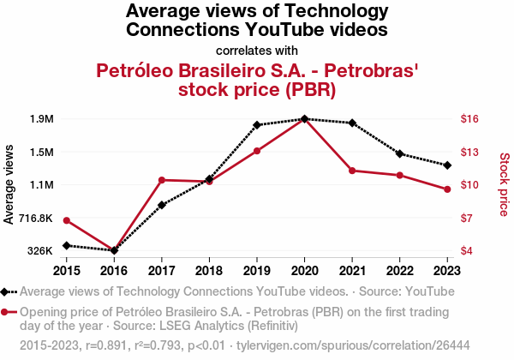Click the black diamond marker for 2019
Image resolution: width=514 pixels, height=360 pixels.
(x=257, y=125)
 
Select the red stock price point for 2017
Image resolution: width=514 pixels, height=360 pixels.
(x=162, y=180)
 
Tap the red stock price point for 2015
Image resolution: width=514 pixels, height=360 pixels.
(x=67, y=220)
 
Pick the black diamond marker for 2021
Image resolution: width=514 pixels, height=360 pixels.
(x=352, y=123)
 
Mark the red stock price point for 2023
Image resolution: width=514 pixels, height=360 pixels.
(x=447, y=189)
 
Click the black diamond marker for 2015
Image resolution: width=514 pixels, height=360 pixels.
(x=67, y=245)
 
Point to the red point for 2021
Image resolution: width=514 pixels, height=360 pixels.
(x=352, y=171)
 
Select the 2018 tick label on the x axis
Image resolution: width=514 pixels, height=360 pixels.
(x=209, y=270)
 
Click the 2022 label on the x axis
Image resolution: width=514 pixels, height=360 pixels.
(x=399, y=270)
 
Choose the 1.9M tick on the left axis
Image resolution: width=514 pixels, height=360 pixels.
(x=40, y=119)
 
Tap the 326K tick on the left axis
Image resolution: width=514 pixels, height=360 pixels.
(x=40, y=251)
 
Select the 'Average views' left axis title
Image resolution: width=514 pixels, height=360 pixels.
(x=9, y=185)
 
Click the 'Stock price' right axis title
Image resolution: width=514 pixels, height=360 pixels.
(x=504, y=185)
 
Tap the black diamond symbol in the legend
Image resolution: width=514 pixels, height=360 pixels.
(x=6, y=291)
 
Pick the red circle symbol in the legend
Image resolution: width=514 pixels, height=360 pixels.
(x=6, y=313)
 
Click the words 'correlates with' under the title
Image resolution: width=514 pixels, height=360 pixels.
(x=257, y=50)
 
